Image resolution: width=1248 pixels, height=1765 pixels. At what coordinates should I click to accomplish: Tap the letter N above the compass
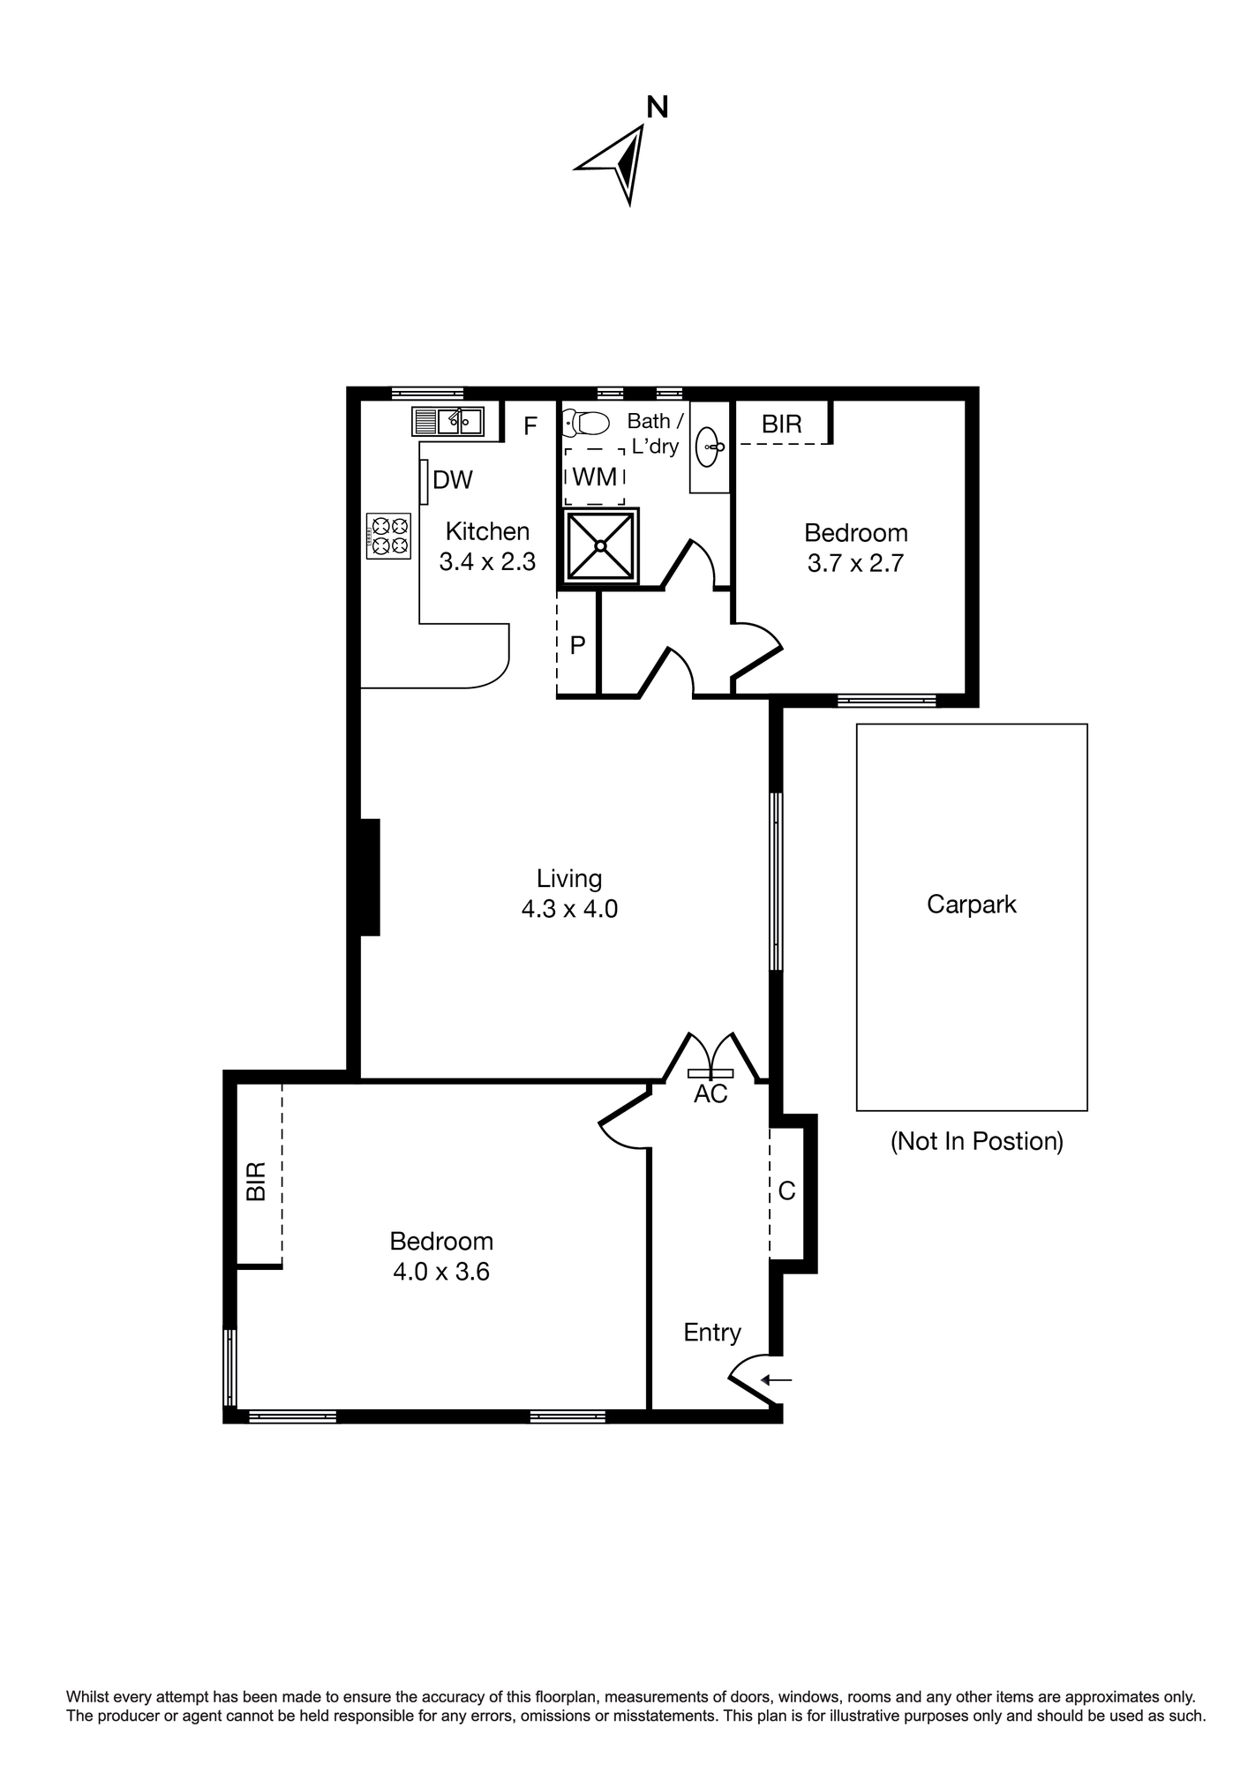click(x=658, y=108)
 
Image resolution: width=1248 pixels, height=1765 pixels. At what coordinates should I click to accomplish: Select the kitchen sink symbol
click(x=447, y=421)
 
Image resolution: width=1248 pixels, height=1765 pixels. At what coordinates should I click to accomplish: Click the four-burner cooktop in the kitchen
click(x=389, y=536)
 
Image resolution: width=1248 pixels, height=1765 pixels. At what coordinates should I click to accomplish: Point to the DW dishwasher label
click(x=453, y=480)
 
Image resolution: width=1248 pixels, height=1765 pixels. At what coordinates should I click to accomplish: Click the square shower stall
click(x=600, y=546)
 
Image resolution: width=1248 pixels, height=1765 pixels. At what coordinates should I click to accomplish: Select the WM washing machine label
click(x=595, y=477)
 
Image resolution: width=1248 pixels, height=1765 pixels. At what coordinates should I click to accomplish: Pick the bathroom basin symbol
click(x=710, y=447)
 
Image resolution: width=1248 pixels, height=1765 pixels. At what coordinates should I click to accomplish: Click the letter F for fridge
click(x=530, y=427)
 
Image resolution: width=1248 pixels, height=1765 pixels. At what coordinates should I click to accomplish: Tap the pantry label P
click(x=578, y=646)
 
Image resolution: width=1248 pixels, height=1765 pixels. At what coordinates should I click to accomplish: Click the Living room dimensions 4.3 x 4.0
click(x=569, y=909)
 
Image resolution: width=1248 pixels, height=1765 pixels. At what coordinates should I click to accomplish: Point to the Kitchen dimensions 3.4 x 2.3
click(x=488, y=562)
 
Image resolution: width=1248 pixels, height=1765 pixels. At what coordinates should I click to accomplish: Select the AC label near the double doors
click(x=710, y=1094)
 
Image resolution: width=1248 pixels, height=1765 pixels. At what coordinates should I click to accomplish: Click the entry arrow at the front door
click(x=777, y=1380)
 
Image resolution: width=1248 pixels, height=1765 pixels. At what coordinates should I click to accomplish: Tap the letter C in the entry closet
click(x=786, y=1191)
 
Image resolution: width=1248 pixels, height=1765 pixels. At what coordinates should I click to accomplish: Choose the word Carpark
click(x=972, y=905)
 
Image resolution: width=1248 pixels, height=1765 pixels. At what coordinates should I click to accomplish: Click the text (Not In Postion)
click(x=977, y=1142)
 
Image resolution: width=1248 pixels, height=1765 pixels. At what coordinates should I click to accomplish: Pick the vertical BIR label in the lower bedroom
click(x=256, y=1182)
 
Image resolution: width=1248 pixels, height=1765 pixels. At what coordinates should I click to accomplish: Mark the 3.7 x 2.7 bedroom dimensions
click(x=856, y=563)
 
